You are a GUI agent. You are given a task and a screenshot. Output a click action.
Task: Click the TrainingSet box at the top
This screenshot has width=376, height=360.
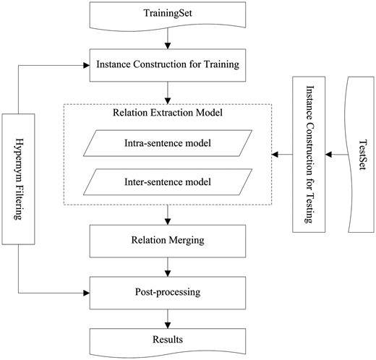pos(168,14)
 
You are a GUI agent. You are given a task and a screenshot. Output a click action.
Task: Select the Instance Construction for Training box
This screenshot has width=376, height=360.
pos(168,65)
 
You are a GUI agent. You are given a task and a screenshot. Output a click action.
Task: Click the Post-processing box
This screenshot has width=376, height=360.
pos(168,294)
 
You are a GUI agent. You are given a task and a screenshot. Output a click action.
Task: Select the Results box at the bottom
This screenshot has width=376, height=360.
pos(168,339)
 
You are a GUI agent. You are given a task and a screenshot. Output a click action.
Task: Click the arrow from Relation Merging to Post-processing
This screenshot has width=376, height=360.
pos(168,269)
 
